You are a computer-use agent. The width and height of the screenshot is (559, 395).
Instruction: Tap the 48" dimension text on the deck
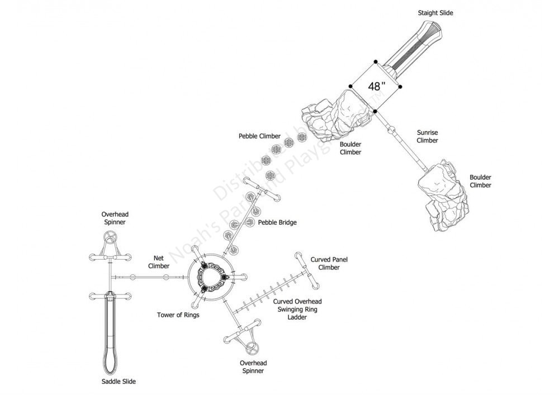[377, 87]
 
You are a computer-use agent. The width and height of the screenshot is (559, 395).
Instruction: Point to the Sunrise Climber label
[427, 137]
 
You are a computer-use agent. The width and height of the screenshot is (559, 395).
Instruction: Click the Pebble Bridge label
[277, 222]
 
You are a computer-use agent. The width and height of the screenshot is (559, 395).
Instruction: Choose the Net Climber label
[159, 262]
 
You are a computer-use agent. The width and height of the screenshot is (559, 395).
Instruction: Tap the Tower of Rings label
[178, 315]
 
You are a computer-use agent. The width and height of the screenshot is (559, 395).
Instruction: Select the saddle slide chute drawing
[110, 335]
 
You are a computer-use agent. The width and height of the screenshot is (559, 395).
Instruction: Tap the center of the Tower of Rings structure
[212, 277]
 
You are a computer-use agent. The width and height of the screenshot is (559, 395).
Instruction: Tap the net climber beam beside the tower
[148, 278]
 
